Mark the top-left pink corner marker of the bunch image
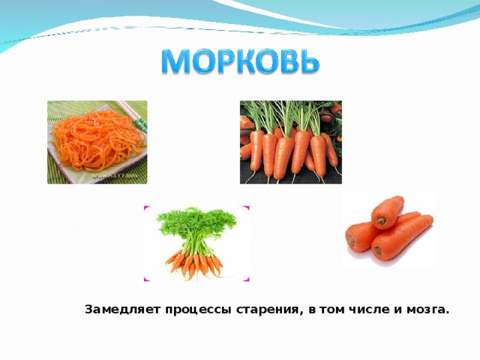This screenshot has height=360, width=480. click(x=146, y=208)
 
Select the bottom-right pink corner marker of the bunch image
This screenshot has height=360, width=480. click(x=246, y=280)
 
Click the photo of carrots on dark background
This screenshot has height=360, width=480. click(x=290, y=142)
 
